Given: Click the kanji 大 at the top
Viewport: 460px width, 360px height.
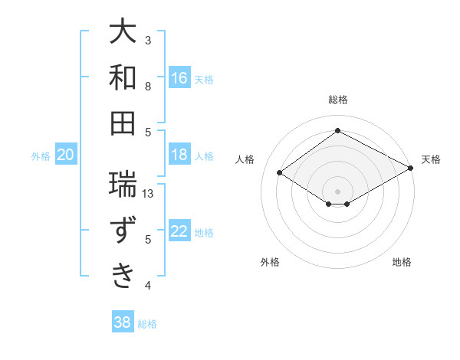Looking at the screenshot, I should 123,33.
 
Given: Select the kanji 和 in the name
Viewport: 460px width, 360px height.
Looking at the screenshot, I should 123,78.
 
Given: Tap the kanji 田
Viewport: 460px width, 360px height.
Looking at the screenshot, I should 123,123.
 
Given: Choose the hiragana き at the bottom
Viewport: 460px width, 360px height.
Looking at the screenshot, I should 123,275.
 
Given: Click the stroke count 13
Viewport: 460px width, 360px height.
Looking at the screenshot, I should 149,194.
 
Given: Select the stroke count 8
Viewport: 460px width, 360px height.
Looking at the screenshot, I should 148,86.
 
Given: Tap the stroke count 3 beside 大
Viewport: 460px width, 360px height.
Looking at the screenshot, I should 148,40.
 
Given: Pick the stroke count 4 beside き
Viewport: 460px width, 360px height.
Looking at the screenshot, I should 148,286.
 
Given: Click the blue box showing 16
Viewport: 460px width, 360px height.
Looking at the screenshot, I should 179,78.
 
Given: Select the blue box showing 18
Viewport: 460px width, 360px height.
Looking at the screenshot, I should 179,155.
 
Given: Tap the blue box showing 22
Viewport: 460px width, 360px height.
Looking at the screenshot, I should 179,231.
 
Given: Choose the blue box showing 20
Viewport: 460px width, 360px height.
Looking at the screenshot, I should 65,155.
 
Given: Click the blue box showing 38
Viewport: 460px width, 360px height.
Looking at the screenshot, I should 123,322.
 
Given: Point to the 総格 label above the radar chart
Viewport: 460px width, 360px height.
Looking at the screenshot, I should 337,100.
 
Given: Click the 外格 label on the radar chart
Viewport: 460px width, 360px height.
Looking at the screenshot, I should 270,262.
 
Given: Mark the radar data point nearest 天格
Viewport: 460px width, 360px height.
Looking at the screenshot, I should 410,169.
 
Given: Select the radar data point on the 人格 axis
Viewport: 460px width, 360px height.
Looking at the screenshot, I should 280,173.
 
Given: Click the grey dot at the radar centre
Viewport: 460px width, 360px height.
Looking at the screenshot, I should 337,190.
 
